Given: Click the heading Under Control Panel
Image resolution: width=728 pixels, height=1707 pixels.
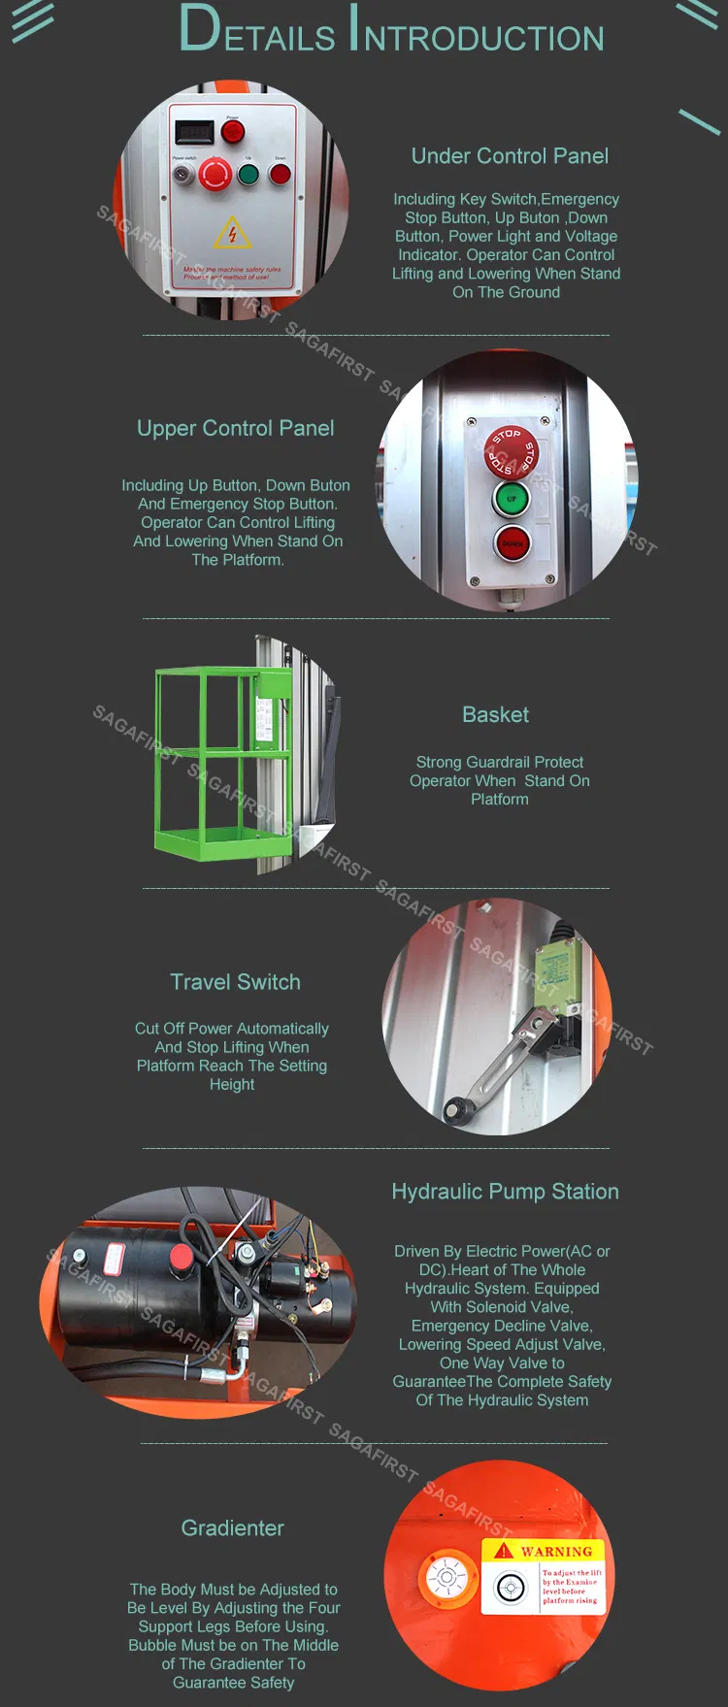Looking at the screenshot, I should tap(510, 156).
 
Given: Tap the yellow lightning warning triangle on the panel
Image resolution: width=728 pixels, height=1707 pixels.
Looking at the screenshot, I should tap(232, 233).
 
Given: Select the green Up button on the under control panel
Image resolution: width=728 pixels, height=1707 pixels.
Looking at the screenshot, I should tap(248, 175).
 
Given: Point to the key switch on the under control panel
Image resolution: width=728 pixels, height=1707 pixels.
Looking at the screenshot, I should tap(182, 175).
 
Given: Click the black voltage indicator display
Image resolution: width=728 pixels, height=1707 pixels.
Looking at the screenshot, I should tap(193, 131).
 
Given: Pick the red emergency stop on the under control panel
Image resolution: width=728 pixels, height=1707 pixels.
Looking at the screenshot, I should tap(215, 175).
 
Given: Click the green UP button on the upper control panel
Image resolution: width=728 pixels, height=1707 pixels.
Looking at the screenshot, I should tap(511, 499).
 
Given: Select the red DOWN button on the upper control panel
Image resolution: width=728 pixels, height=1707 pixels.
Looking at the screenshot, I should tap(512, 543).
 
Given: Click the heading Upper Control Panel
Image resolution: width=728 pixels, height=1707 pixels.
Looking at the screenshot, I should tap(235, 429).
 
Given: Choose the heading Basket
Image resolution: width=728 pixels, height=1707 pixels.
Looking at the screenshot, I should tap(495, 715).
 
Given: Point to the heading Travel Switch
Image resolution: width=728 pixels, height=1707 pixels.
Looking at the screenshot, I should tap(235, 982).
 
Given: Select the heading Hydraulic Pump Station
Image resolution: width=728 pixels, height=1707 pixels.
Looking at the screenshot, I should tap(505, 1192).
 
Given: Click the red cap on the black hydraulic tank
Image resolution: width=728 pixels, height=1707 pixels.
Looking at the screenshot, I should tap(181, 1257).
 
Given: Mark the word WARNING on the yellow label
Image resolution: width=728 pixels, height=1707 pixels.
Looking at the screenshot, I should tap(555, 1551).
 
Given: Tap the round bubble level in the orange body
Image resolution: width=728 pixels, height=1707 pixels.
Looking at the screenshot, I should tap(447, 1577).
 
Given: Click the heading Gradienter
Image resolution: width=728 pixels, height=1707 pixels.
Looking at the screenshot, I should tap(232, 1528).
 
